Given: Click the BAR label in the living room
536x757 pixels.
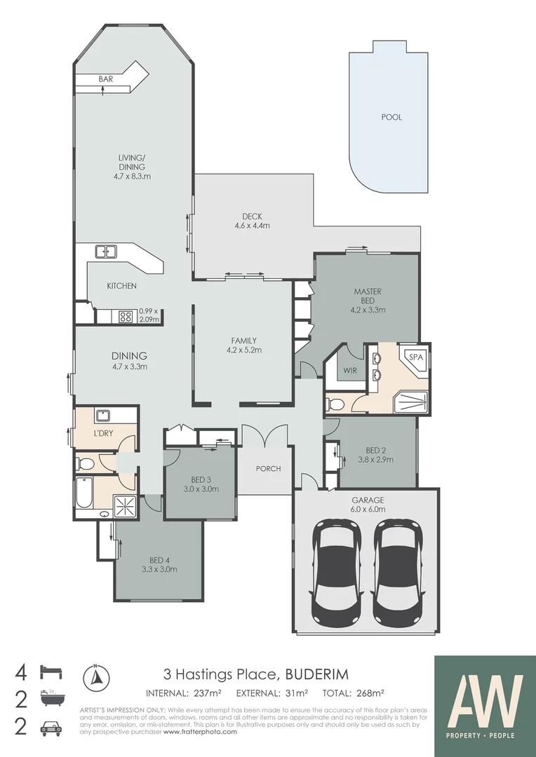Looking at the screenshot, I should [106, 79].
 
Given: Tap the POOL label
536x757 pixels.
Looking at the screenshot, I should [391, 117].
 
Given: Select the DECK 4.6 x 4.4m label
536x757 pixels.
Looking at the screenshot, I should [253, 221].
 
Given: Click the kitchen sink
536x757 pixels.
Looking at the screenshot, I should [107, 251].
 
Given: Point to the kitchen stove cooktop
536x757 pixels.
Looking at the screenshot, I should [126, 316].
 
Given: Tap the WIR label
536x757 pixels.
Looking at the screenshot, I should [349, 371].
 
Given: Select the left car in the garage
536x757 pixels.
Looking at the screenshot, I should [337, 573].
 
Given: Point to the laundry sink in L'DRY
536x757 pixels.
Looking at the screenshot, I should [100, 415].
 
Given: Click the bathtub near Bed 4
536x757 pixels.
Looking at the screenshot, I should [83, 493].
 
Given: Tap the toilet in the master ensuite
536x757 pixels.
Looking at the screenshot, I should [335, 404].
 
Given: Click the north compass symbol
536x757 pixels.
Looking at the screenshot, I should [97, 677].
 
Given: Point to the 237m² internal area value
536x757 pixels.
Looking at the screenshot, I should [208, 694].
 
